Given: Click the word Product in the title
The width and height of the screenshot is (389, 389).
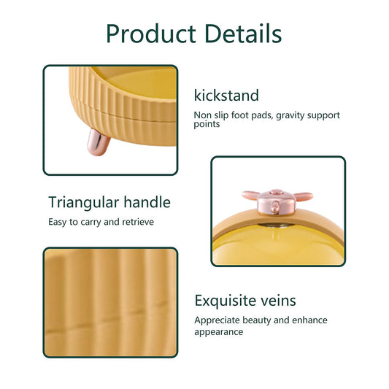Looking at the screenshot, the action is click(151, 34).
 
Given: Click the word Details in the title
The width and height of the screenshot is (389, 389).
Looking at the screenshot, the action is click(243, 34).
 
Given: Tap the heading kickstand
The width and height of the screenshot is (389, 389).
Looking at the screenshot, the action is click(226, 96).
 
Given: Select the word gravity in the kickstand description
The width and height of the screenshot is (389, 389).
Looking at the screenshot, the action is click(290, 115).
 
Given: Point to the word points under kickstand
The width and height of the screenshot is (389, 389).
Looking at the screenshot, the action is click(207, 124).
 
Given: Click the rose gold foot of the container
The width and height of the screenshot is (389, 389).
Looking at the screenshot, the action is click(99, 142).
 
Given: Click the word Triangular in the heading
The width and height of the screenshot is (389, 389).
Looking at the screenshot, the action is click(84, 203).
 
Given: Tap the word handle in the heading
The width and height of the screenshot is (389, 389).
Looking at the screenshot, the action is click(147, 202).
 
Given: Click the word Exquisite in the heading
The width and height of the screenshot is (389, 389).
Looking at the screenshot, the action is click(224, 301).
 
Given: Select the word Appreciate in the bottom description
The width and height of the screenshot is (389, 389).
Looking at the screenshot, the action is click(217, 320).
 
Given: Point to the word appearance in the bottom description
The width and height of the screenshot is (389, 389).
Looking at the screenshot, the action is click(218, 332).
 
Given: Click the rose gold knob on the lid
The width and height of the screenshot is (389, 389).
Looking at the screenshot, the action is click(277, 201).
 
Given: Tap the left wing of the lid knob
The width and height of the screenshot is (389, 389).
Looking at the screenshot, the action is click(251, 196).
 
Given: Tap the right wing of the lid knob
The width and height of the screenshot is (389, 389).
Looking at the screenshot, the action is click(303, 196).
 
